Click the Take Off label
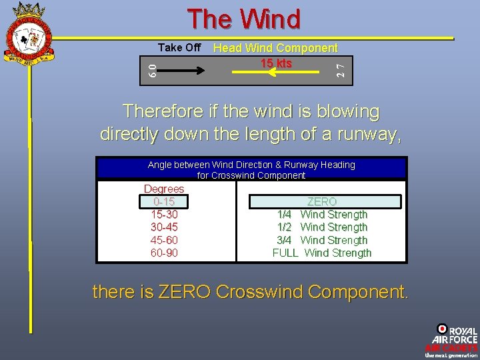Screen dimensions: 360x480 click(179, 47)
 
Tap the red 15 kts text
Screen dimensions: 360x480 click(276, 63)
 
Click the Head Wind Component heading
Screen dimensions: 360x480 click(275, 48)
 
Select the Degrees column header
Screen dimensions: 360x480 click(164, 189)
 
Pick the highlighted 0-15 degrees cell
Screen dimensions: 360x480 click(164, 201)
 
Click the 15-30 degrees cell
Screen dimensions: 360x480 click(164, 215)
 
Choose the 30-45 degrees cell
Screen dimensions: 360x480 click(164, 227)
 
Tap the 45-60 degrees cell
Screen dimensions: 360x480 click(164, 240)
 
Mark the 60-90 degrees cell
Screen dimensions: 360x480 click(164, 253)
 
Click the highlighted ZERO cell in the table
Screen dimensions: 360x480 click(322, 201)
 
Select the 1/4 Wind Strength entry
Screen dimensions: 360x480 click(322, 215)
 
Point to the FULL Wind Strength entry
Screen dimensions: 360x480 click(322, 253)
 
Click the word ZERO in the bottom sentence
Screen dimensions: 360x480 click(185, 292)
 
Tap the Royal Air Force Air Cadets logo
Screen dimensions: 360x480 click(451, 341)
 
